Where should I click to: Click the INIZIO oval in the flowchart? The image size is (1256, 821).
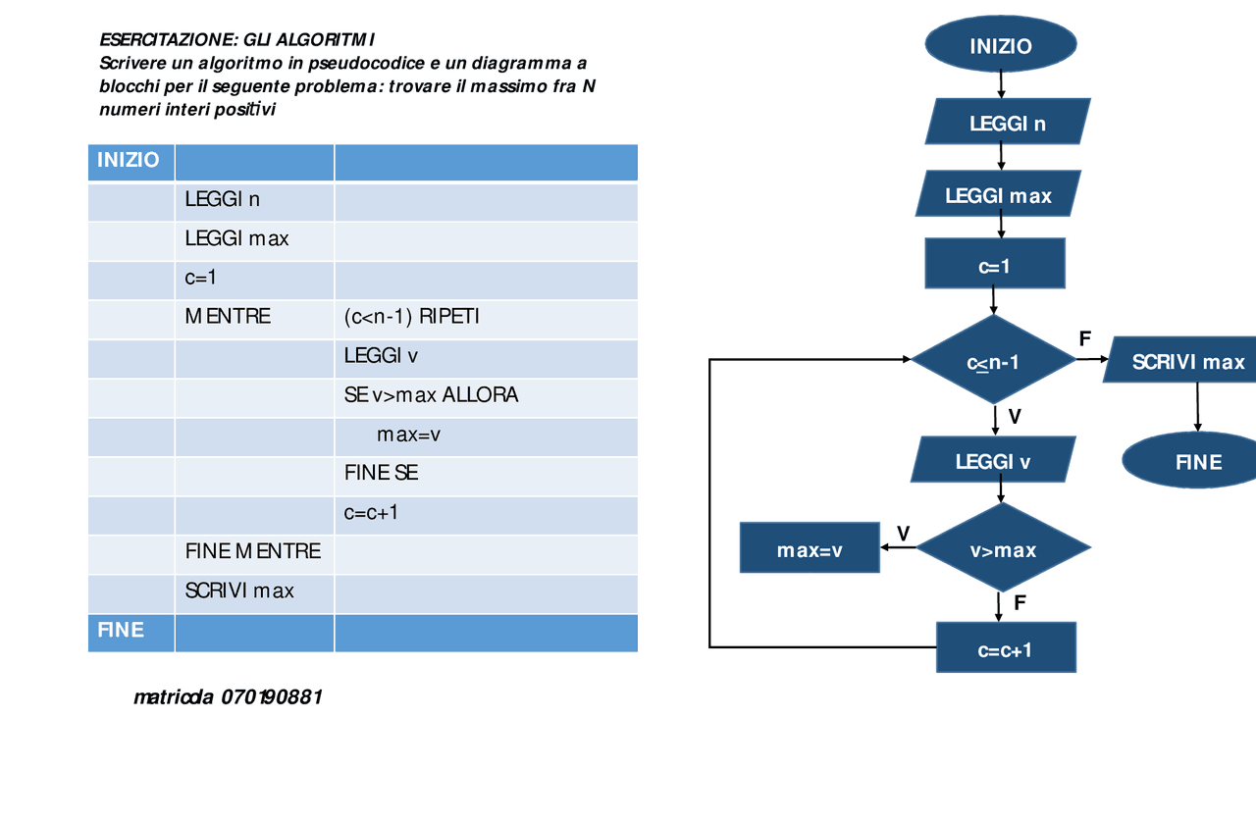click(1001, 45)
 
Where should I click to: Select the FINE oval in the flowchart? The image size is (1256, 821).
click(1197, 461)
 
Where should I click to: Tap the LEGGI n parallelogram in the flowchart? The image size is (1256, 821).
click(1007, 123)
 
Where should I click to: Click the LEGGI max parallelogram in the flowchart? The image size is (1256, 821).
click(998, 194)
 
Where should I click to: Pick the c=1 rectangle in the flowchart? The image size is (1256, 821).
click(994, 265)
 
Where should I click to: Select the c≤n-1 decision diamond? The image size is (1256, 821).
click(993, 361)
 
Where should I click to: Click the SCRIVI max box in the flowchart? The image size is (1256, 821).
click(1185, 361)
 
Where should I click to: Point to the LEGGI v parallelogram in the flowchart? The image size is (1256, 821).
click(993, 461)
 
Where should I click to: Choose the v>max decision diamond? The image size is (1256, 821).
click(1002, 549)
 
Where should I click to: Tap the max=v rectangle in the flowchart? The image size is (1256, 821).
click(810, 549)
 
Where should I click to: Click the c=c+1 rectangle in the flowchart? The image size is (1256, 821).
click(1006, 648)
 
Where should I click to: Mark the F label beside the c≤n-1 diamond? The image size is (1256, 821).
click(1084, 338)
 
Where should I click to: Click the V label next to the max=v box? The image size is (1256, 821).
click(903, 533)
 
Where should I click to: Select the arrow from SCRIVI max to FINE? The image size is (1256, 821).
click(1197, 407)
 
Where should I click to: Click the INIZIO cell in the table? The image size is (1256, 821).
click(129, 160)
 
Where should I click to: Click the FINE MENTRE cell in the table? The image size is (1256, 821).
click(252, 551)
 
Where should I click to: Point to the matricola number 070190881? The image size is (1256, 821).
click(272, 697)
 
